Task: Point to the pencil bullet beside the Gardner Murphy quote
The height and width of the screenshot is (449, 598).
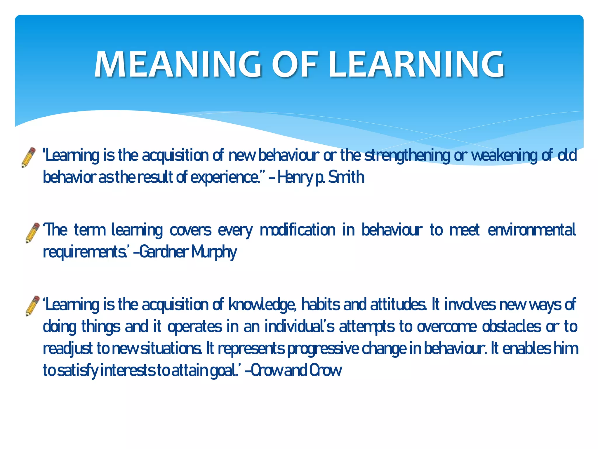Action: click(32, 233)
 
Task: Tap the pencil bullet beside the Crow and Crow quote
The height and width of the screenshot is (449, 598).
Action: click(32, 306)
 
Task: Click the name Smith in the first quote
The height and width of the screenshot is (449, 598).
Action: click(346, 177)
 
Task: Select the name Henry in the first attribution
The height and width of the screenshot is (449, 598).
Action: click(295, 177)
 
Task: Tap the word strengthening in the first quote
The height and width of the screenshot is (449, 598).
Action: click(407, 156)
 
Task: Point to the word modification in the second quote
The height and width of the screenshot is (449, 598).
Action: click(298, 230)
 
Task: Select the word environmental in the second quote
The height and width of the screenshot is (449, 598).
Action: click(531, 230)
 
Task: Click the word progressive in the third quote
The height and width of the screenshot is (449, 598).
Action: click(323, 348)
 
